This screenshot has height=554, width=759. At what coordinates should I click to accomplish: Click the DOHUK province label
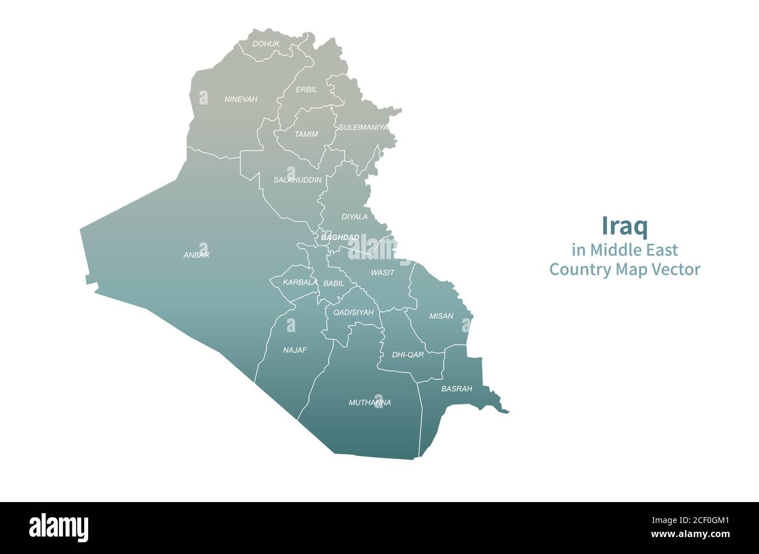click(266, 44)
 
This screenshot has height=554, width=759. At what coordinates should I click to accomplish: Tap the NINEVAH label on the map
click(241, 99)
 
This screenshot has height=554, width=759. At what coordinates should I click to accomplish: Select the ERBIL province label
click(307, 89)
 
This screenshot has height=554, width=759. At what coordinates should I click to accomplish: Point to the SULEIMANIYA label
click(363, 127)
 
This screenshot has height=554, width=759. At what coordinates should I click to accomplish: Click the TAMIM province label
click(306, 134)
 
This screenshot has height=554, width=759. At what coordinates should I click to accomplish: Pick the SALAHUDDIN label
click(297, 180)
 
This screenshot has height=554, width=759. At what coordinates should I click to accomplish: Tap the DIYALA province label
click(354, 217)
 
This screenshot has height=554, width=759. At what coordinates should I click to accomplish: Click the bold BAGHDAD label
click(340, 237)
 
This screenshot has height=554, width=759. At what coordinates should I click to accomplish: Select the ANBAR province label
click(196, 255)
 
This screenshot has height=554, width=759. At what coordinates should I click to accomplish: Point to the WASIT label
click(382, 273)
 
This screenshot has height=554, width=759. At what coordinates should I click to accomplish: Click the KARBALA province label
click(300, 283)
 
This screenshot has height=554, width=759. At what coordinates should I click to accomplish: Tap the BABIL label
click(333, 283)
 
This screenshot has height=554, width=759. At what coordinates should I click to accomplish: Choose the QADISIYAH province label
click(353, 312)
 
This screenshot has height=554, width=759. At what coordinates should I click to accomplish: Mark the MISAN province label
click(441, 316)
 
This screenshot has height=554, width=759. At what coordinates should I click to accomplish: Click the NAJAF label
click(295, 350)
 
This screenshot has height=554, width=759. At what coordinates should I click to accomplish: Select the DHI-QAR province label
click(408, 354)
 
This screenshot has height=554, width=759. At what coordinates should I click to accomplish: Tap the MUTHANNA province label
click(370, 402)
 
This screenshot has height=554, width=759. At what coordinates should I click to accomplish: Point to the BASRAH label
click(457, 388)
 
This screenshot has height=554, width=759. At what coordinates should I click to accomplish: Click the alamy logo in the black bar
click(58, 528)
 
